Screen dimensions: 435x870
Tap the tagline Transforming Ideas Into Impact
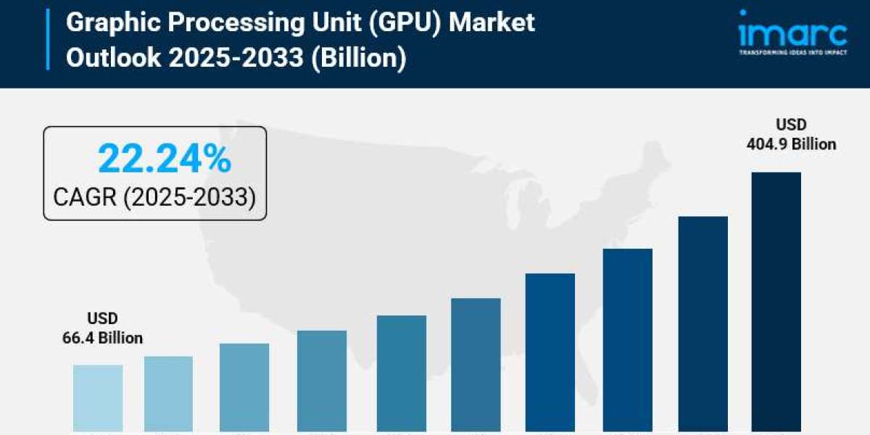tap(792, 53)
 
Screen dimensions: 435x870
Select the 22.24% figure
tap(164, 159)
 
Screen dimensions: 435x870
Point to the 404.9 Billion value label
tap(791, 144)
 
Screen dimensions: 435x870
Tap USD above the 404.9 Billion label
tap(792, 125)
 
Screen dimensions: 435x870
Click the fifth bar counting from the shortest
tap(402, 373)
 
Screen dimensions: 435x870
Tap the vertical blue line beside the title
tap(49, 39)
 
